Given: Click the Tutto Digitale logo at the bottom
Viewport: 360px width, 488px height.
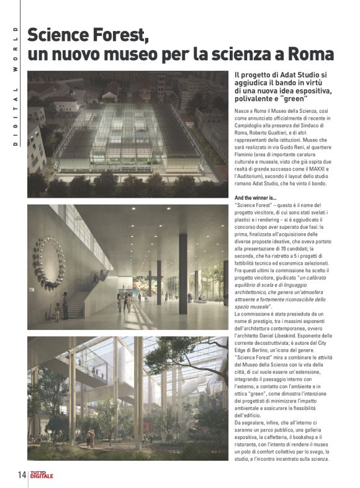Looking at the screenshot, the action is pyautogui.click(x=43, y=475).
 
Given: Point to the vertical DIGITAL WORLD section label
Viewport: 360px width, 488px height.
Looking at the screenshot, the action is pyautogui.click(x=14, y=86).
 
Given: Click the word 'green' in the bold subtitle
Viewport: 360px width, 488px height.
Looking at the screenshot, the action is pyautogui.click(x=292, y=100).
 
